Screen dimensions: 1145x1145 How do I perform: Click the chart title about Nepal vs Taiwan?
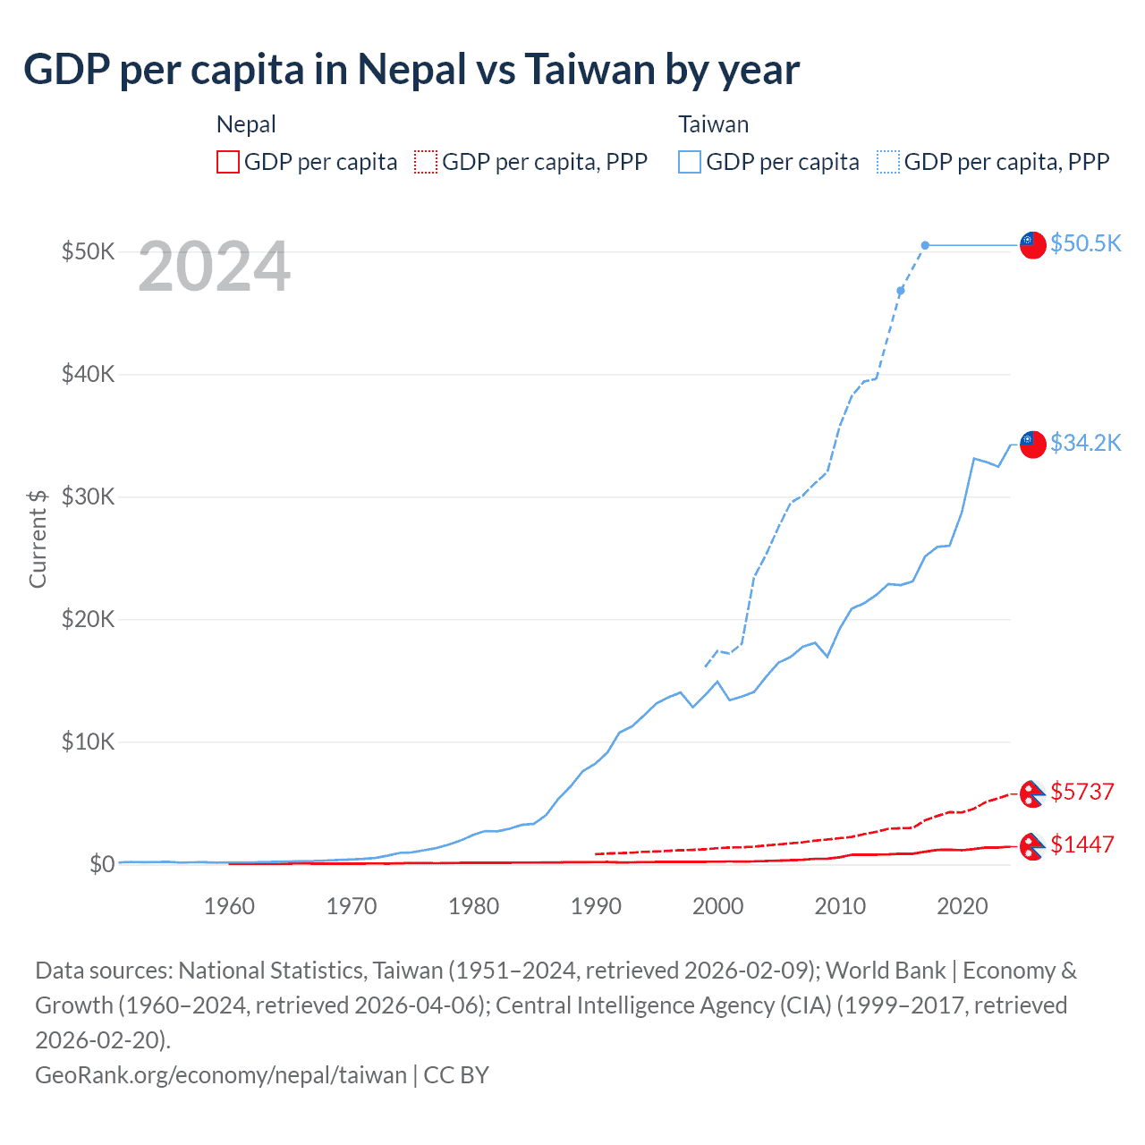coord(411,70)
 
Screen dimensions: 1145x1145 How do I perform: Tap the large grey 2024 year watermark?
coord(214,267)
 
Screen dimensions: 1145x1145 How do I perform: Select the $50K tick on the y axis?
coord(88,251)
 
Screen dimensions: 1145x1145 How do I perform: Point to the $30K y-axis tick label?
coord(88,496)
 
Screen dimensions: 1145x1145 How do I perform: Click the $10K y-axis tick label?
coord(88,742)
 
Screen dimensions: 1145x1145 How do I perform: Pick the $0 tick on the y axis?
coord(101,864)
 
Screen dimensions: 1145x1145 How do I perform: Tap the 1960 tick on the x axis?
coord(229,906)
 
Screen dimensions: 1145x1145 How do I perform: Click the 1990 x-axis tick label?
coord(596,906)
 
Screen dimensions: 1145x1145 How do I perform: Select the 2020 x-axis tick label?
coord(962,906)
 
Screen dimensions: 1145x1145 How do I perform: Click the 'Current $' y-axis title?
coord(38,539)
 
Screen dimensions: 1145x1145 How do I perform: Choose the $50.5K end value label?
coord(1085,243)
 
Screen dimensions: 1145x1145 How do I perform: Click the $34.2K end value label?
coord(1085,443)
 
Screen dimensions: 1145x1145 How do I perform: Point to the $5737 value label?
coord(1082,792)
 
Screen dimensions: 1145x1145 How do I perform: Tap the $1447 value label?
coord(1082,844)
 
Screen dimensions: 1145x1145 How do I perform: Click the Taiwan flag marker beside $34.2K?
coord(1033,444)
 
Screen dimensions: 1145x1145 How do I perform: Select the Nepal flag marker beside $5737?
coord(1033,793)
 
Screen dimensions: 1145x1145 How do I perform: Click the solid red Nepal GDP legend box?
coord(228,162)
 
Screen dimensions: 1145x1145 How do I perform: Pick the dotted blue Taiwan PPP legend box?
coord(888,162)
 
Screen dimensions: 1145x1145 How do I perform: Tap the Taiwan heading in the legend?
coord(713,124)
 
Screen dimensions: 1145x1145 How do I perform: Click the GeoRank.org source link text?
coord(220,1074)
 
